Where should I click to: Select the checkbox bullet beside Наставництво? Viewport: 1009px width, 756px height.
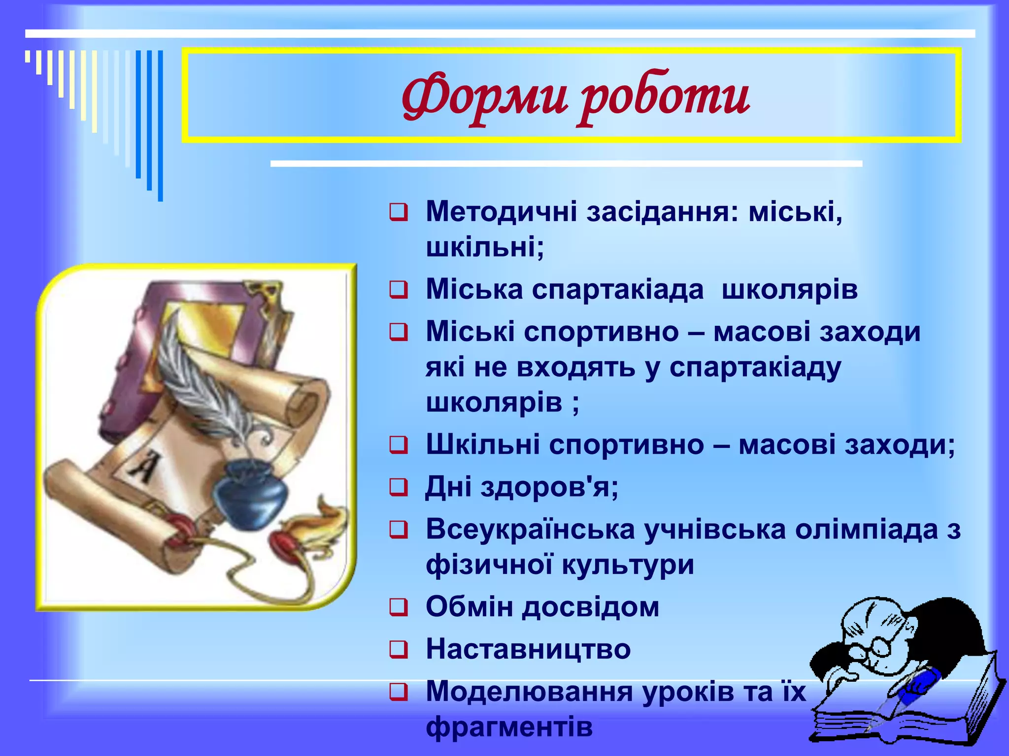coord(399,649)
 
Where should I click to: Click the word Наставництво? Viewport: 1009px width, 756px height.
coord(528,649)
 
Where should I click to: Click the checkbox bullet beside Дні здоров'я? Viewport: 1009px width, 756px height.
coord(399,487)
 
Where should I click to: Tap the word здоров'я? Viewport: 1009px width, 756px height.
coord(549,487)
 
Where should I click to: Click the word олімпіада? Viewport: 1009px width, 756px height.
coord(867,530)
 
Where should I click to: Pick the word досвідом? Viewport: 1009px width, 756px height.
coord(591,606)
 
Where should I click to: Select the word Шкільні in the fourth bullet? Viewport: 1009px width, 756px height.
coord(483,444)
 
